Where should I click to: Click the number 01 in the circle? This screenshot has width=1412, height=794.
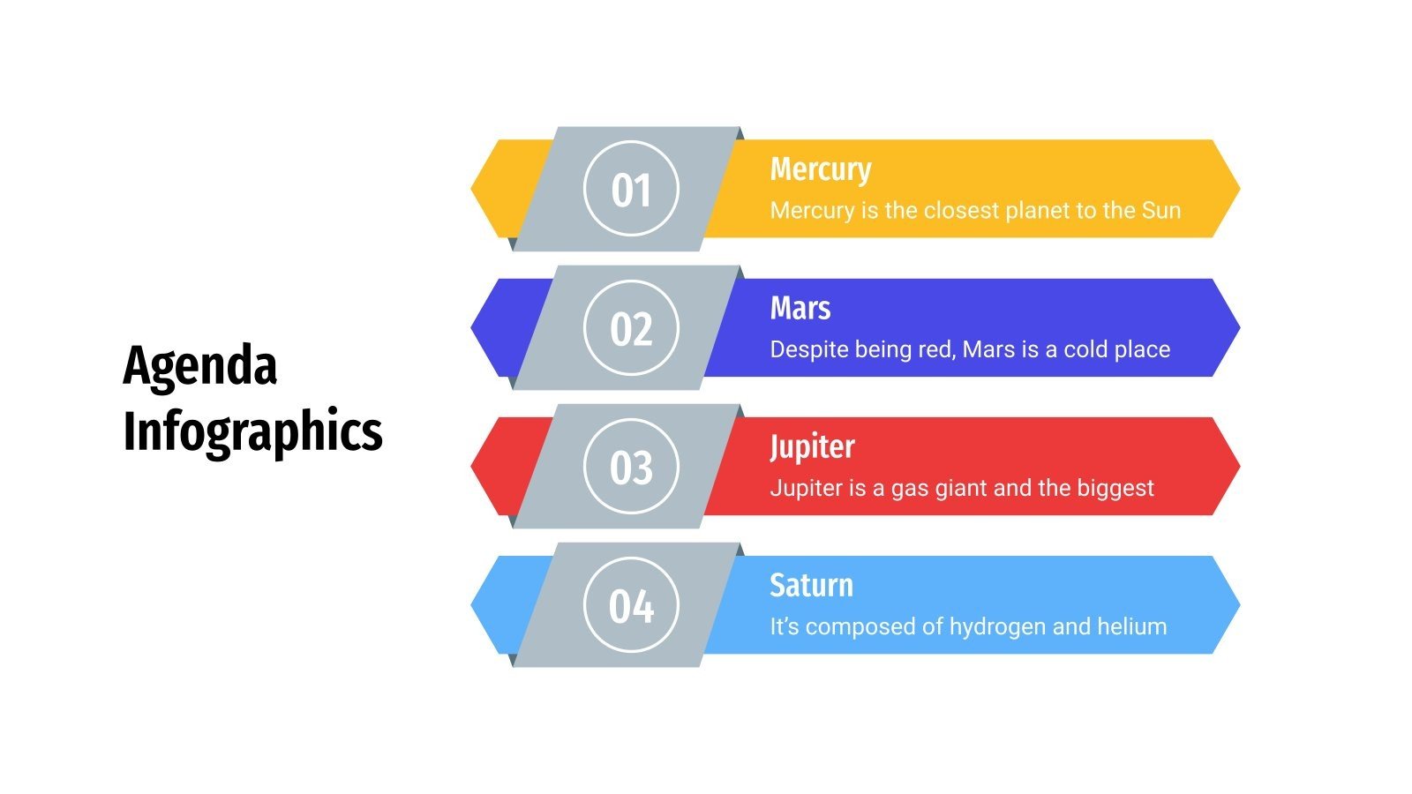[x=631, y=190]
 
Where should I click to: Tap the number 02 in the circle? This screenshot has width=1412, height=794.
[x=631, y=329]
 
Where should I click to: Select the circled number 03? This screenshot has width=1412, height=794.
[x=631, y=468]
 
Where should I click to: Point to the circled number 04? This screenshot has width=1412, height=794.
[x=631, y=606]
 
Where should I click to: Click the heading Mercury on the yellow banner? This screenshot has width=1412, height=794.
[x=821, y=169]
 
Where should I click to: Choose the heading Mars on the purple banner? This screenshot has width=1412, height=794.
[x=800, y=308]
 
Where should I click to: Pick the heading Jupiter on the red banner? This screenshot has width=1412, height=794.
[x=812, y=447]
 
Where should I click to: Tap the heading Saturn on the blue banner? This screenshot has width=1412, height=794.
[x=811, y=585]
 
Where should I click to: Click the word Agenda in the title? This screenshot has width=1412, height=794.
[x=200, y=365]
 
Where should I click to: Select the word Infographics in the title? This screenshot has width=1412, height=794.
[x=252, y=431]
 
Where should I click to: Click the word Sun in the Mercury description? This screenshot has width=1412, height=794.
[x=1161, y=210]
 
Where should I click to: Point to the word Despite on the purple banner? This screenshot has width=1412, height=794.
[x=806, y=349]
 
